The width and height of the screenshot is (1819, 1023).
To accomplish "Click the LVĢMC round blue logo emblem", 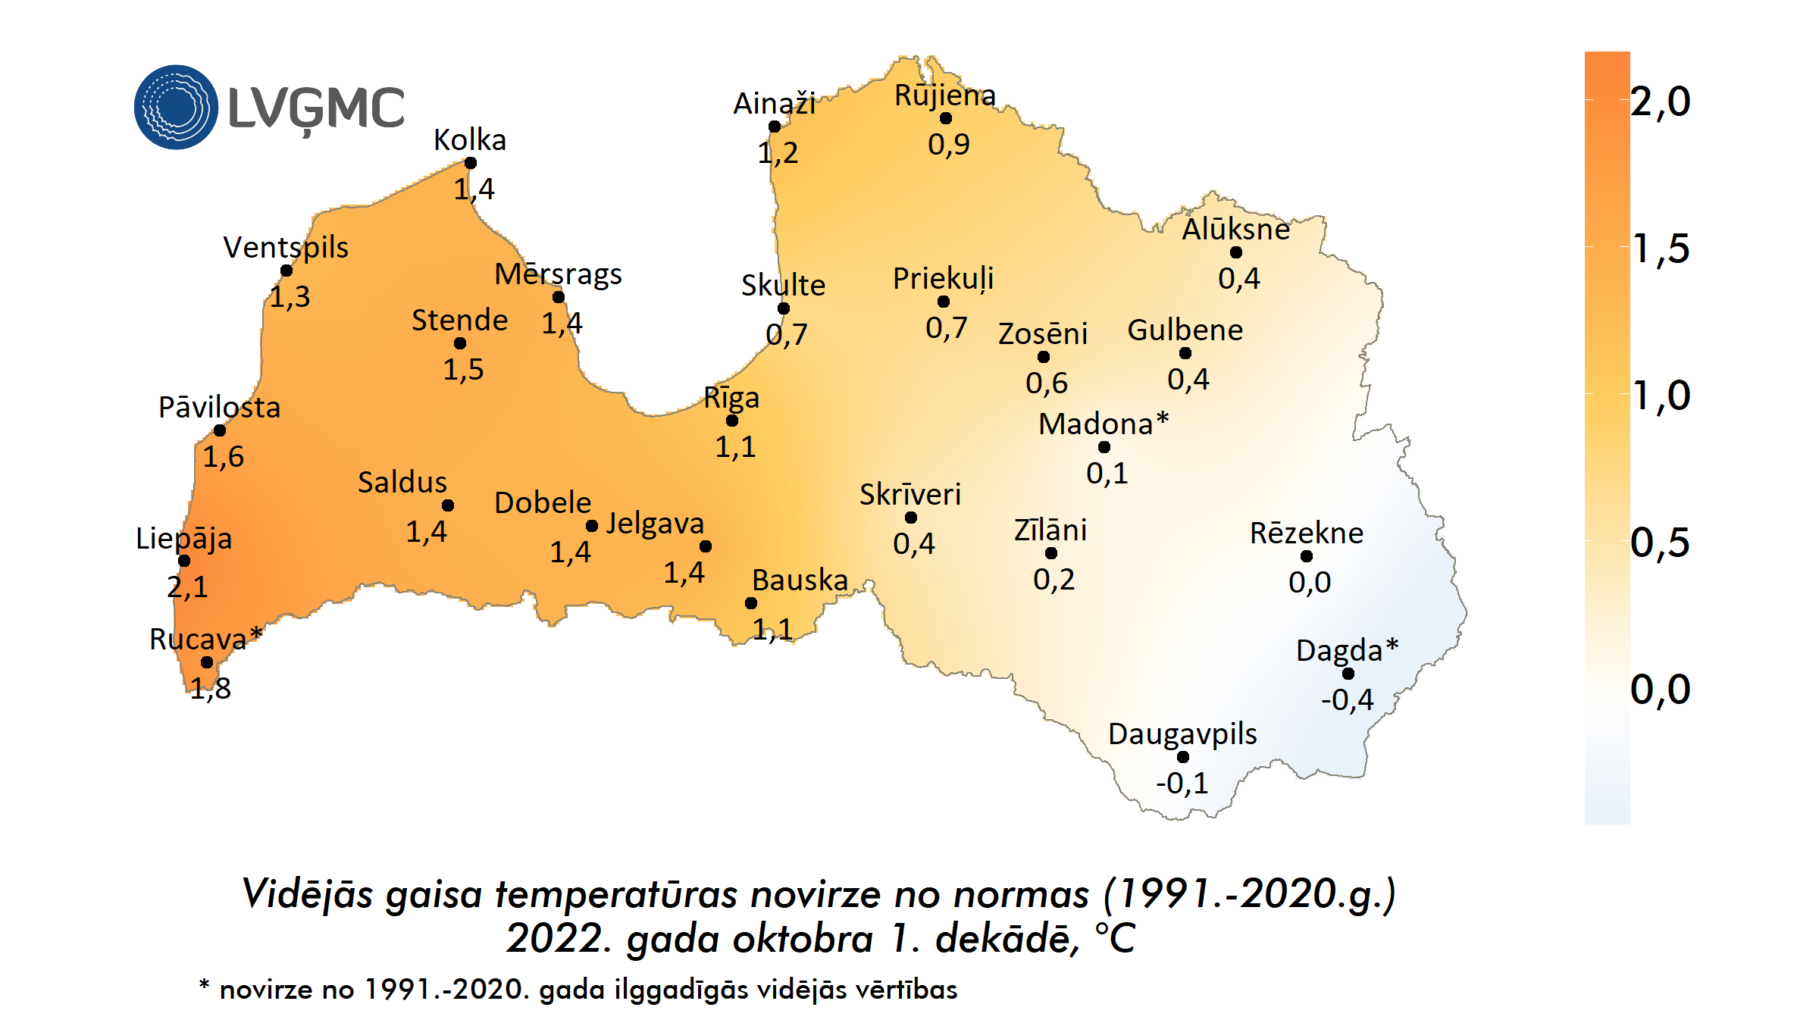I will point(176,107).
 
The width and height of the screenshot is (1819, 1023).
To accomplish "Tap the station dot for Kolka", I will point(471,163).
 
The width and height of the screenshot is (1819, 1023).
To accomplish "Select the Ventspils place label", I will point(286,248).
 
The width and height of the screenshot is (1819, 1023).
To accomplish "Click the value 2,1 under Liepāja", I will point(187,587).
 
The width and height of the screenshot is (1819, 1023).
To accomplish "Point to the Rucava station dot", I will point(207,662).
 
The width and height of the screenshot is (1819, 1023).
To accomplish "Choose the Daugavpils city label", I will point(1182,734).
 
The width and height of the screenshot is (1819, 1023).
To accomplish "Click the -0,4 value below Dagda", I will point(1347,699).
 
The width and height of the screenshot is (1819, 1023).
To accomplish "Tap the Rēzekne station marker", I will point(1307,556).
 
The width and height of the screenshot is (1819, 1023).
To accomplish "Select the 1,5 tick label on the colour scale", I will point(1660,249).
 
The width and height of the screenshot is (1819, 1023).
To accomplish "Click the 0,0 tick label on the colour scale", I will point(1660,690).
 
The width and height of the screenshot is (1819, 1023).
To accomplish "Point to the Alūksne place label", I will point(1235,230).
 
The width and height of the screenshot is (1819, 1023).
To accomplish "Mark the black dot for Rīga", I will point(732,421).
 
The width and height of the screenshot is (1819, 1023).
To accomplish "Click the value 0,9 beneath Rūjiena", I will point(948,144).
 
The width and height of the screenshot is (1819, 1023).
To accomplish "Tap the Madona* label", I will point(1103,424).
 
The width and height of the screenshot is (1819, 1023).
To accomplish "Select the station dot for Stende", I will point(460,343).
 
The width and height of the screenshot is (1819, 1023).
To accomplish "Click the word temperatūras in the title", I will point(615,894).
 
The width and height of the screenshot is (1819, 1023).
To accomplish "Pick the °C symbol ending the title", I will point(1114,939).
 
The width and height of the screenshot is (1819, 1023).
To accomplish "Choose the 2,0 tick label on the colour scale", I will point(1660,102).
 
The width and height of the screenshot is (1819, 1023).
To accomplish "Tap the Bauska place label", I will point(800,580).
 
